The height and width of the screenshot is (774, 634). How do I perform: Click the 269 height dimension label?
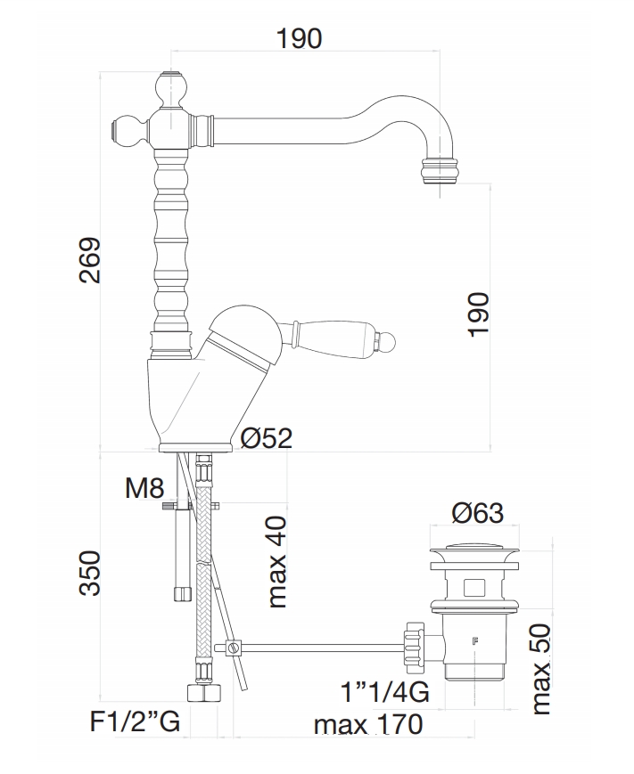coord(89,260)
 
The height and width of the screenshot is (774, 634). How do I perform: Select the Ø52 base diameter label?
coord(267,438)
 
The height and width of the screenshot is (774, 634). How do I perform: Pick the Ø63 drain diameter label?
coord(477,513)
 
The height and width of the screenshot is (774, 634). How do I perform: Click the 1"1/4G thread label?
coord(384,692)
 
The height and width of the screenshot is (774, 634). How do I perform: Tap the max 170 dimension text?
coord(367,724)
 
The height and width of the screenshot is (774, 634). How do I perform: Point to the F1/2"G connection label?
coord(135,721)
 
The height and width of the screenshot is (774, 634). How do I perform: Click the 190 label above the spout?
coord(299,39)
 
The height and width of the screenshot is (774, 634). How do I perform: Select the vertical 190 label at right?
coord(479,314)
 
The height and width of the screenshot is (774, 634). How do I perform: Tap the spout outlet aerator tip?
coord(437,169)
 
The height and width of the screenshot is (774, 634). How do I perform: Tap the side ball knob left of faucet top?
coord(127,131)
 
